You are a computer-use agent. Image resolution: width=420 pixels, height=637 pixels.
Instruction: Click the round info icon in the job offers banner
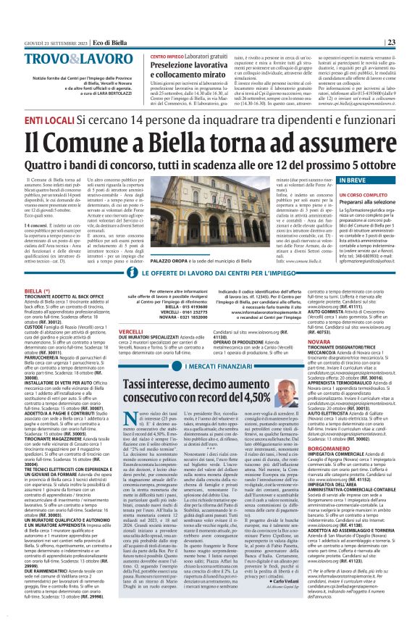(132, 273)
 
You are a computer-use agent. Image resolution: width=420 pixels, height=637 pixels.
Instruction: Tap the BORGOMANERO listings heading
(319, 428)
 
